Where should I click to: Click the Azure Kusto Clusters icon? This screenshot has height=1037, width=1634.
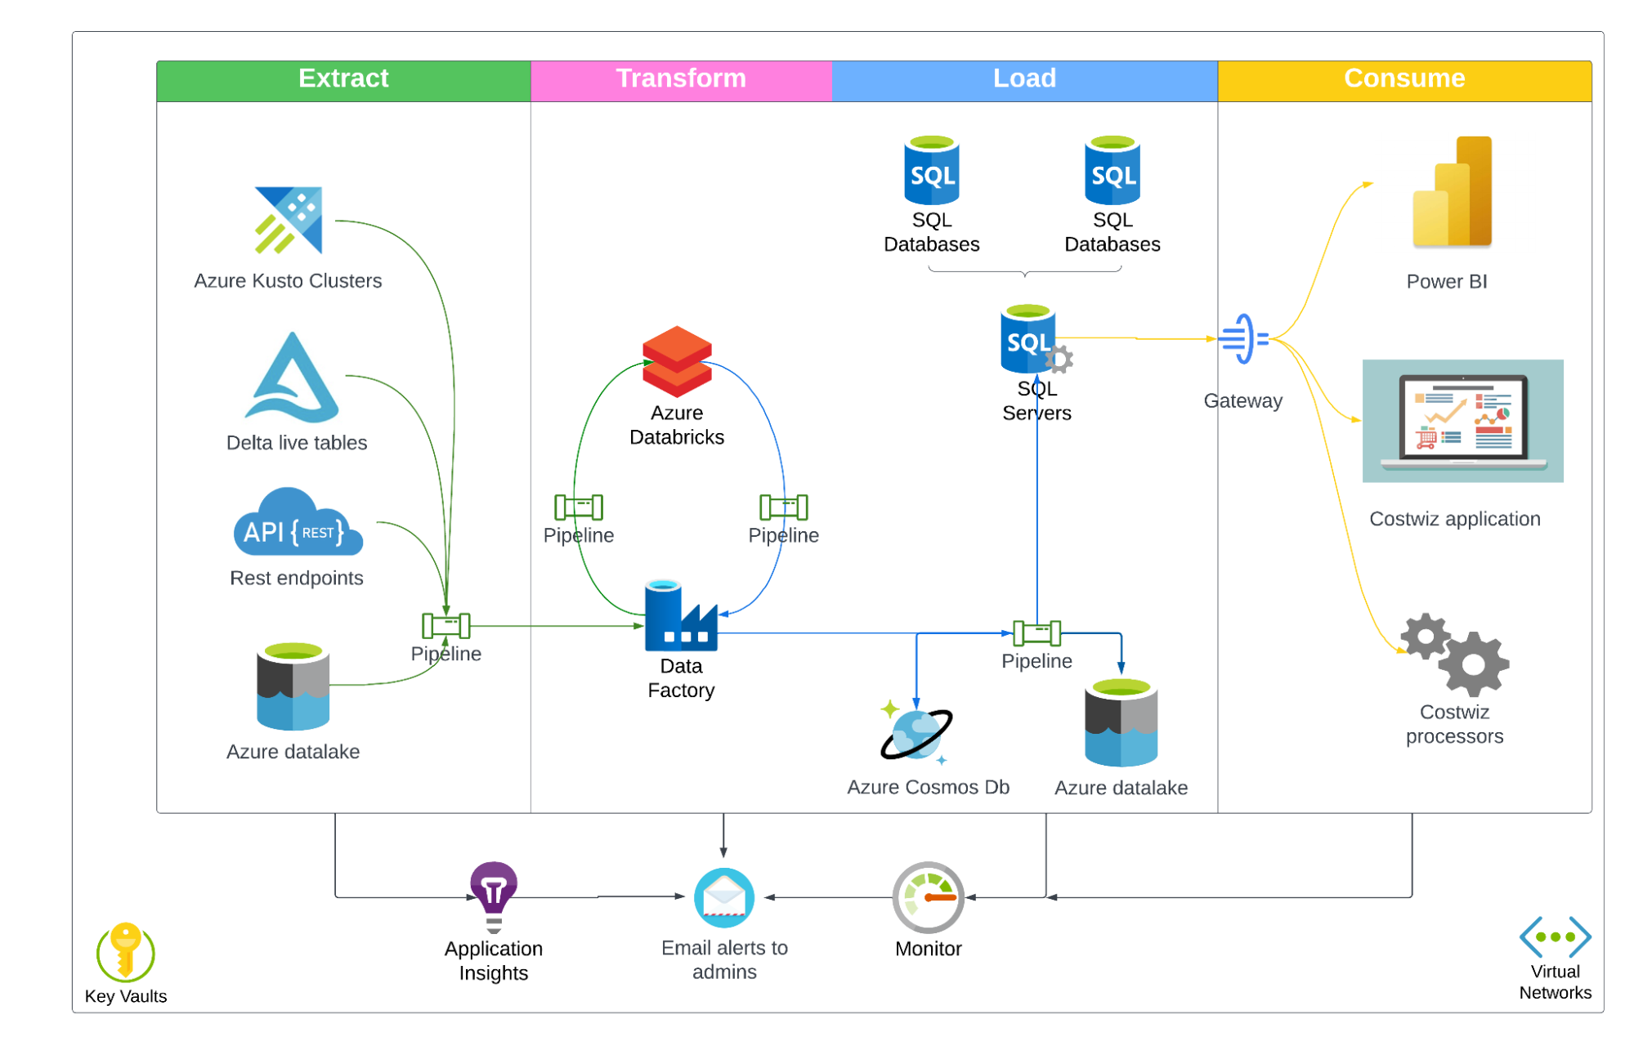pyautogui.click(x=289, y=220)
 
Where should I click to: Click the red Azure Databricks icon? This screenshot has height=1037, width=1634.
pyautogui.click(x=677, y=361)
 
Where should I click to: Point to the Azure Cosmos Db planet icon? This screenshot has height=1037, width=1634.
pyautogui.click(x=916, y=733)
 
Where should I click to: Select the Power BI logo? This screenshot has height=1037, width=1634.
pyautogui.click(x=1452, y=192)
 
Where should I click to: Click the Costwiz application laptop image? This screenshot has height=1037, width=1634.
pyautogui.click(x=1462, y=421)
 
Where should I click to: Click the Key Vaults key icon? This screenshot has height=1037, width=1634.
pyautogui.click(x=126, y=951)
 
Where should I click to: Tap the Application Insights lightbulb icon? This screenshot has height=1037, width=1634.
pyautogui.click(x=494, y=896)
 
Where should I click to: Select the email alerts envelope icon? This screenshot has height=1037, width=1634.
pyautogui.click(x=724, y=897)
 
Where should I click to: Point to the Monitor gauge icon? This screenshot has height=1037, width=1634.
pyautogui.click(x=928, y=897)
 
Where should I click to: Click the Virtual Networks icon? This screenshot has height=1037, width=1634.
pyautogui.click(x=1555, y=936)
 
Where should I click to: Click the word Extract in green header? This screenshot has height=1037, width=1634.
pyautogui.click(x=343, y=78)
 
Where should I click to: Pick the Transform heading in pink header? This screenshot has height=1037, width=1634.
pyautogui.click(x=680, y=78)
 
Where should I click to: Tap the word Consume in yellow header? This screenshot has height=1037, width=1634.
pyautogui.click(x=1403, y=78)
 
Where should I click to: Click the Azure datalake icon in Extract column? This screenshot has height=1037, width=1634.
pyautogui.click(x=293, y=687)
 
